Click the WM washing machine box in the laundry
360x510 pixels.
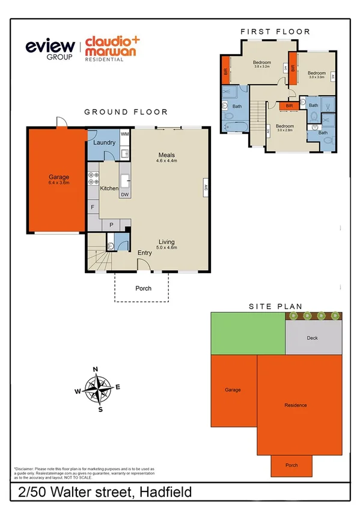tap(124, 134)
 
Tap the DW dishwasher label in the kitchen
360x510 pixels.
tap(124, 195)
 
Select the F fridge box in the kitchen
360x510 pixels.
tap(93, 207)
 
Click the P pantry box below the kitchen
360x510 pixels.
tap(111, 225)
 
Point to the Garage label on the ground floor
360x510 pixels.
tap(59, 177)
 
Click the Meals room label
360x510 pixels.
tap(166, 155)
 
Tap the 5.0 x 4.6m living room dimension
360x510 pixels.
tap(166, 248)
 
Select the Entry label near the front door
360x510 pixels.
tap(144, 253)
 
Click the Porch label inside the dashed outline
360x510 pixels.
tap(143, 288)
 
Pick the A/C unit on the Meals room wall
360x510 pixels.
tap(206, 187)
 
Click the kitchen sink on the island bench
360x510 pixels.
tap(126, 181)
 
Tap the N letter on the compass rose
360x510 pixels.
tap(95, 369)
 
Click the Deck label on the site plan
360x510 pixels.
tap(312, 338)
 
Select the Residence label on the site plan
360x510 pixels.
tap(295, 405)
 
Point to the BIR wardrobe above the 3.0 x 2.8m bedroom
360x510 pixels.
tap(289, 106)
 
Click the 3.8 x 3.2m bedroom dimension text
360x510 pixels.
tap(261, 67)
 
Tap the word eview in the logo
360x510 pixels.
tap(49, 46)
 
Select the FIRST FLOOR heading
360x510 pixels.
tap(275, 31)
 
